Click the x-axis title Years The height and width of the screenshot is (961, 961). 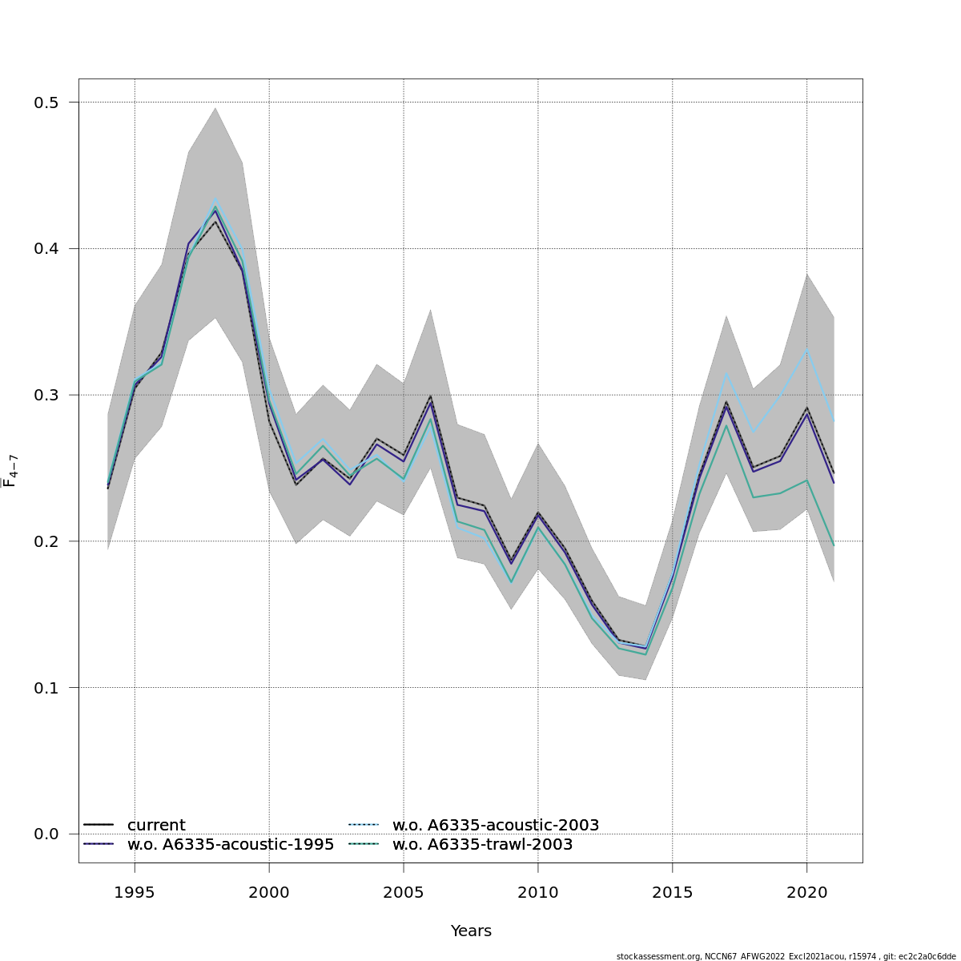click(471, 931)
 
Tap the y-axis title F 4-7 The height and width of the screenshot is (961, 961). click(10, 471)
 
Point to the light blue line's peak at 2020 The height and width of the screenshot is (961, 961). click(806, 349)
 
